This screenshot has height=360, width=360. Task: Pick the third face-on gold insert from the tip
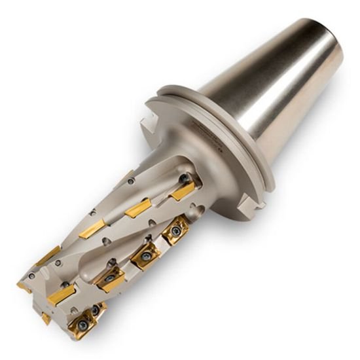pyautogui.click(x=145, y=253)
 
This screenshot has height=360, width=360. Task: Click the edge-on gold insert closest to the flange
pyautogui.click(x=181, y=191)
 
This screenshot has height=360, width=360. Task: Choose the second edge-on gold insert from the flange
pyautogui.click(x=138, y=209)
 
